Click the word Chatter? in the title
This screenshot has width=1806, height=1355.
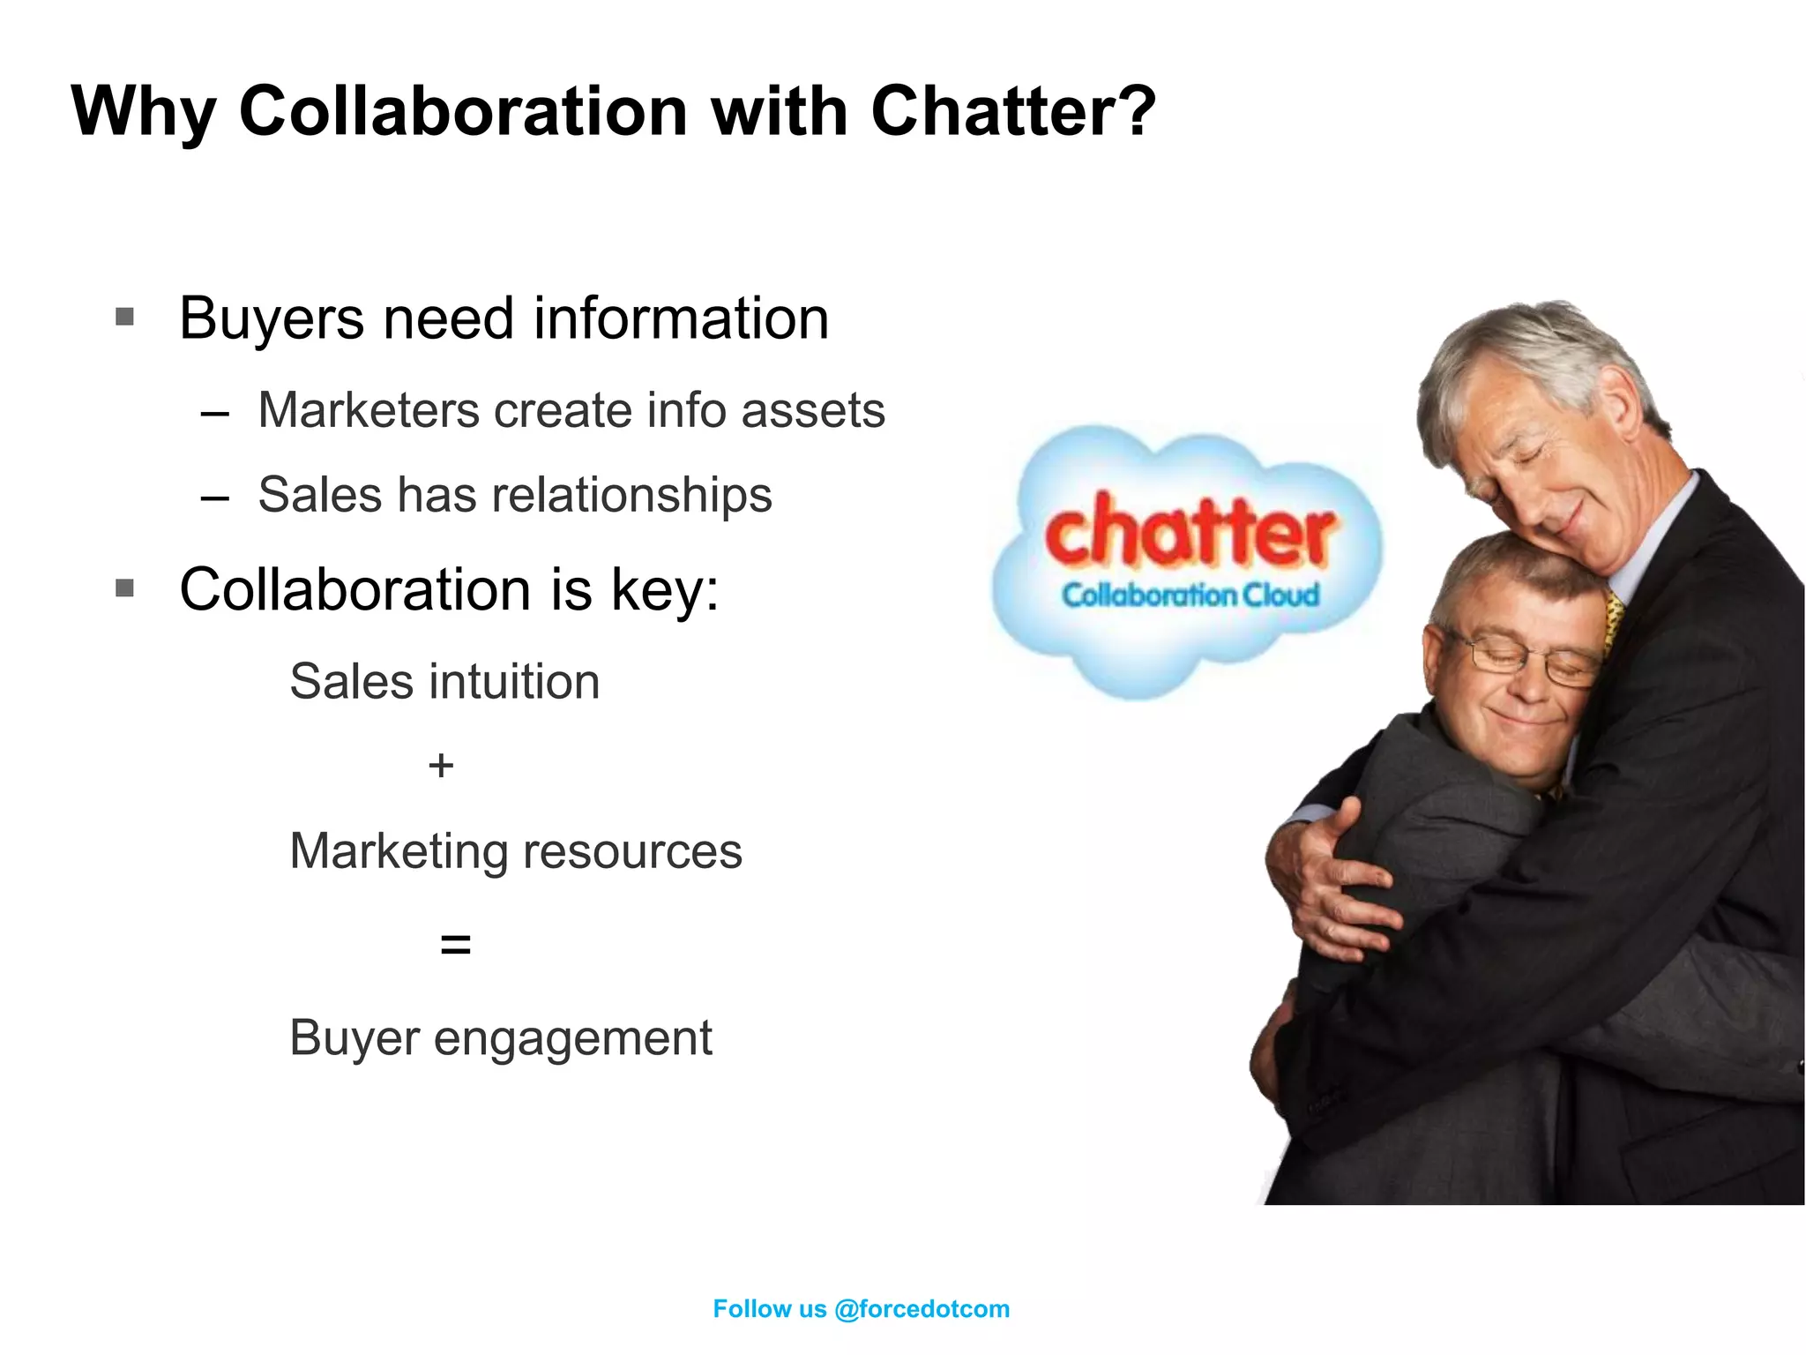(x=1012, y=111)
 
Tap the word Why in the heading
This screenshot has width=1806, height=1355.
(x=143, y=113)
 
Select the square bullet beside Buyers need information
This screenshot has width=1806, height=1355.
(x=125, y=316)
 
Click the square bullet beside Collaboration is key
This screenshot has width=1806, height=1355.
(x=125, y=588)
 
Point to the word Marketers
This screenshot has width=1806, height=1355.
(x=368, y=410)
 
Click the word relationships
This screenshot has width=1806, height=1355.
(x=631, y=494)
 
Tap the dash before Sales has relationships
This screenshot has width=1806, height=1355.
(x=214, y=497)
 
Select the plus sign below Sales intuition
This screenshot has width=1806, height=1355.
(x=441, y=765)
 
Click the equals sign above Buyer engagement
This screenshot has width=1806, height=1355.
(x=455, y=945)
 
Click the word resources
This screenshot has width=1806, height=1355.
(x=632, y=851)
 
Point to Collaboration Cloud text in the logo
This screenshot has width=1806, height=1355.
(x=1190, y=595)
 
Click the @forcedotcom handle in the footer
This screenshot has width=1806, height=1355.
(x=922, y=1309)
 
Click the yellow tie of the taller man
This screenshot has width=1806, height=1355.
(x=1615, y=618)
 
